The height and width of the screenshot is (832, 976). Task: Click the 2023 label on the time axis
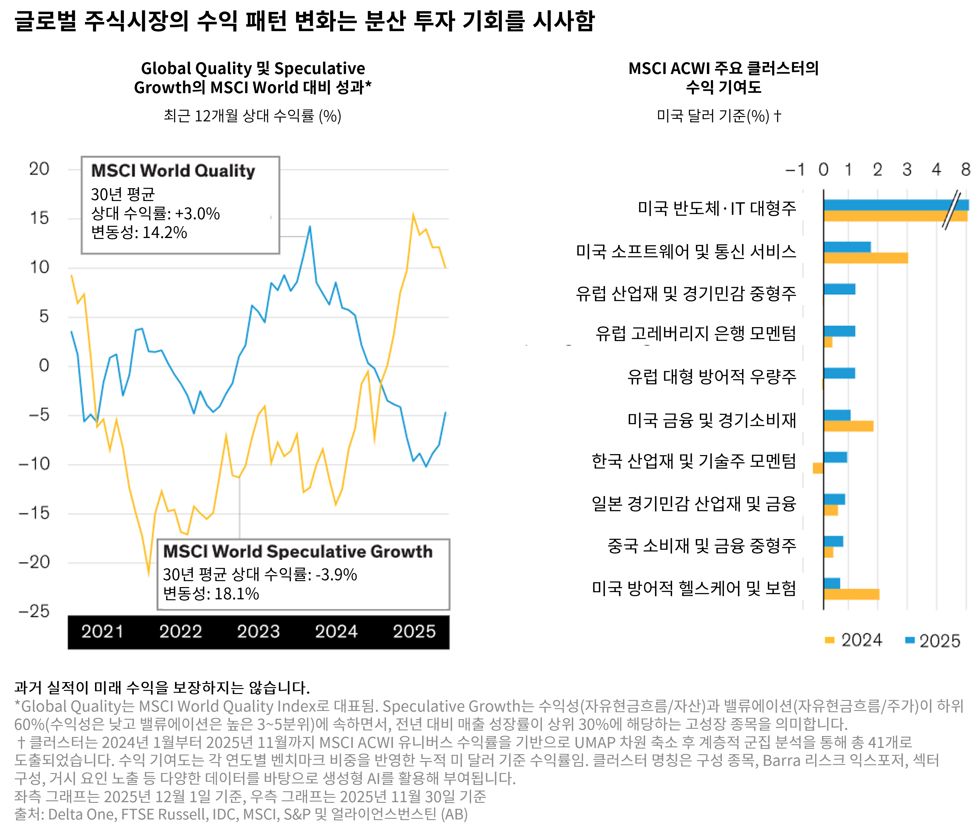click(258, 631)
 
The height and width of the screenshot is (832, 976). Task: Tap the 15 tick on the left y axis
click(39, 218)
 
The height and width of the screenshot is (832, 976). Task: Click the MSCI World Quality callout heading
click(173, 171)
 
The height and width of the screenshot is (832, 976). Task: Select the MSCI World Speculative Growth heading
click(298, 551)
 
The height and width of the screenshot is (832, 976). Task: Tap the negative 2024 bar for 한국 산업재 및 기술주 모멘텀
click(818, 468)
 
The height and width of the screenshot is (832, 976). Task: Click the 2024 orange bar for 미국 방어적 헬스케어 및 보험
click(851, 594)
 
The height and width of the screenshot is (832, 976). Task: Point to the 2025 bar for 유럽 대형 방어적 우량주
click(839, 374)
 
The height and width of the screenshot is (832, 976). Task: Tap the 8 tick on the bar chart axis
click(966, 170)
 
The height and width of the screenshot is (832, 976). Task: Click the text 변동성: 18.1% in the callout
click(211, 594)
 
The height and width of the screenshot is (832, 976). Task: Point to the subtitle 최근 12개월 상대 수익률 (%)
click(252, 116)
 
